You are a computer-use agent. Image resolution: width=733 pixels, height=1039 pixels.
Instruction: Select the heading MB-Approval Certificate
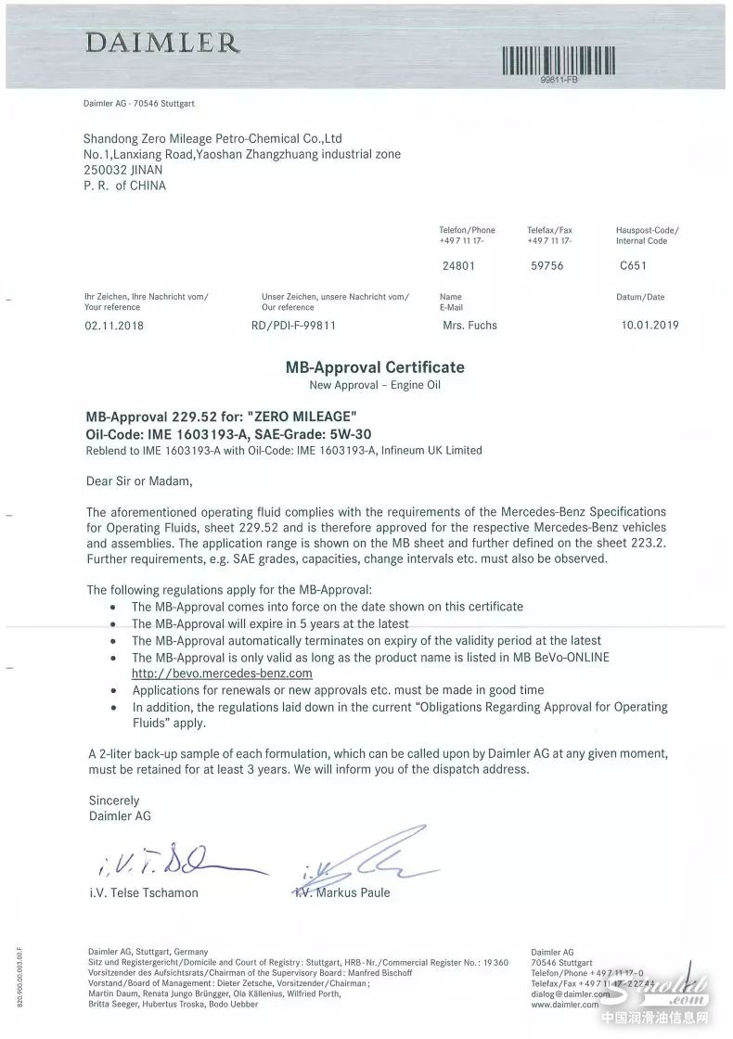tap(375, 367)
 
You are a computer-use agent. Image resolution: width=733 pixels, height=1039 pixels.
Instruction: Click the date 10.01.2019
tap(649, 326)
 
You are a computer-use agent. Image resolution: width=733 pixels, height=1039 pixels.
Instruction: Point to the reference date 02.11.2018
tap(115, 326)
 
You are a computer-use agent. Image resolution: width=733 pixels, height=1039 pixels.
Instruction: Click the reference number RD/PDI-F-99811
tap(293, 326)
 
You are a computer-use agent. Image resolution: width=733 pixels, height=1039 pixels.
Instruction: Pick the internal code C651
tap(633, 265)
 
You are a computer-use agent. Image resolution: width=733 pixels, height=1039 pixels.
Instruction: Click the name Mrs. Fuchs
tap(470, 326)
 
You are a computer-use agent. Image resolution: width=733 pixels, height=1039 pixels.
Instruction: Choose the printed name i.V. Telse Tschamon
tap(143, 892)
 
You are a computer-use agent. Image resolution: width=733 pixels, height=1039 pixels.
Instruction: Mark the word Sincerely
tap(113, 800)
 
